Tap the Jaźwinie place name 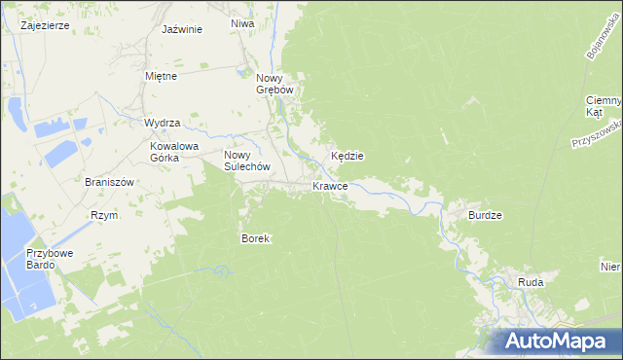coord(182,29)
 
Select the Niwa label coord(243,23)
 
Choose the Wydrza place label coord(163,124)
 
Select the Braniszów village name coord(108,182)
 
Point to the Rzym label coord(104,215)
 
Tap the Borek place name coord(255,238)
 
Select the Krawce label coord(331,186)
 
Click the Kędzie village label coord(348,156)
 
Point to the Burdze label coord(485,215)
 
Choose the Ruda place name coord(531,282)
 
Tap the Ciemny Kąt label coord(604,106)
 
